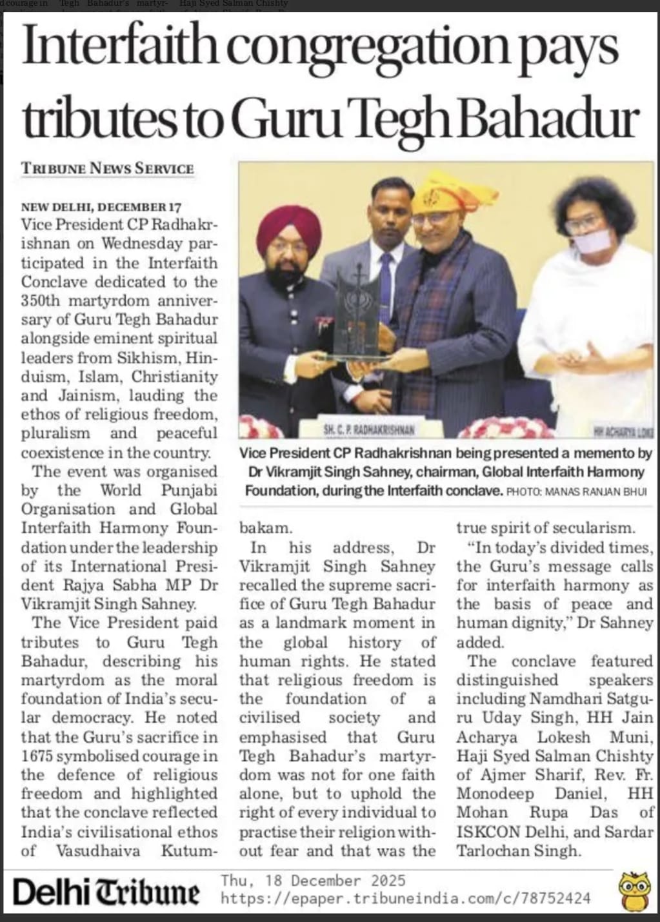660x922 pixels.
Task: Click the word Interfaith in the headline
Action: coord(120,46)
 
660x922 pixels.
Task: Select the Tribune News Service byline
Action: coord(107,169)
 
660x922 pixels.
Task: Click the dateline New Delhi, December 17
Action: coord(101,207)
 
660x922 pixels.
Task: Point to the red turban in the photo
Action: coord(288,226)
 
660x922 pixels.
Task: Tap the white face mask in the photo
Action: coord(592,240)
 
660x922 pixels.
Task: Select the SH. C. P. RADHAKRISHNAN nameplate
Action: coord(369,428)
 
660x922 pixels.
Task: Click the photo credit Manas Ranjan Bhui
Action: coord(576,492)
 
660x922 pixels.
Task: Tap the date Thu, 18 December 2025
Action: coord(313,881)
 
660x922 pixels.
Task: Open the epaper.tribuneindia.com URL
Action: coord(405,897)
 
